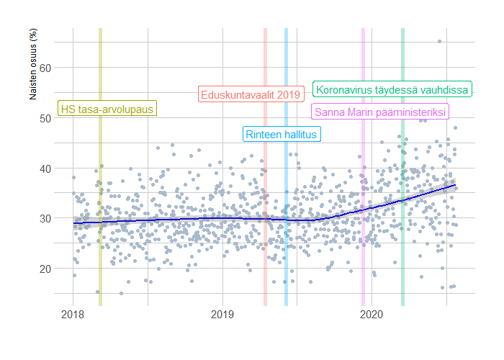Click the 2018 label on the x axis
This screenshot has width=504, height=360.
[x=73, y=315]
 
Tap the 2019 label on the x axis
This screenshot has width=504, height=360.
[x=222, y=315]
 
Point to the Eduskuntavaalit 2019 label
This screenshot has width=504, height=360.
[x=249, y=94]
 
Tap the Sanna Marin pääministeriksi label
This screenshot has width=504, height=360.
[x=379, y=112]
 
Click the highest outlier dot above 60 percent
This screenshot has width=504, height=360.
[x=439, y=42]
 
